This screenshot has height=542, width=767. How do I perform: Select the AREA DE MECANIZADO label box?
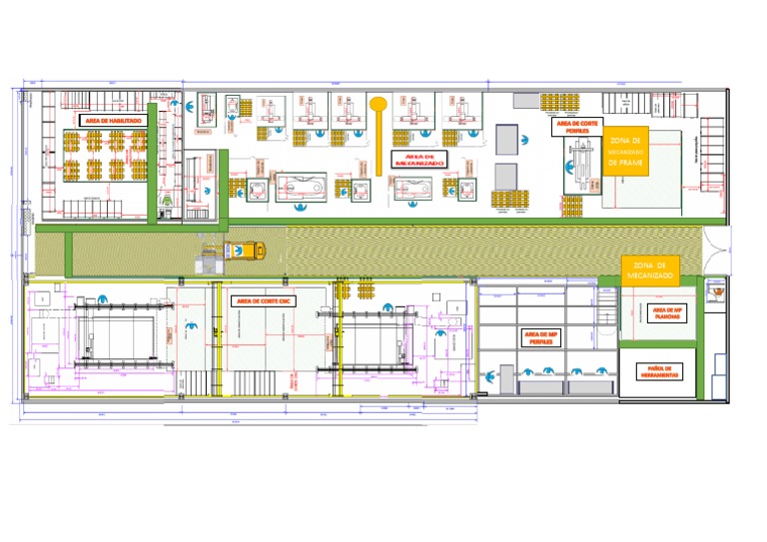pos(416,160)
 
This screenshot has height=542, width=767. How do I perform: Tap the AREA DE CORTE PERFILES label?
pos(577,128)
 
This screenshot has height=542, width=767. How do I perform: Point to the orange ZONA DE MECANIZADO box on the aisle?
pos(649,268)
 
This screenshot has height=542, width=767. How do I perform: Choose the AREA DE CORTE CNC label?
pos(264,299)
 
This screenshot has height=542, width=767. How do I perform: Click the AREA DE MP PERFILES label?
pos(539,337)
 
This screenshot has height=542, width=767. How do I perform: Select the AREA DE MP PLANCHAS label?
pos(667,313)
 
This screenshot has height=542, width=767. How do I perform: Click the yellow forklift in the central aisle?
pos(245,251)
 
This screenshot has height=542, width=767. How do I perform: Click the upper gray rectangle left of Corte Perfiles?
pos(507,139)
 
